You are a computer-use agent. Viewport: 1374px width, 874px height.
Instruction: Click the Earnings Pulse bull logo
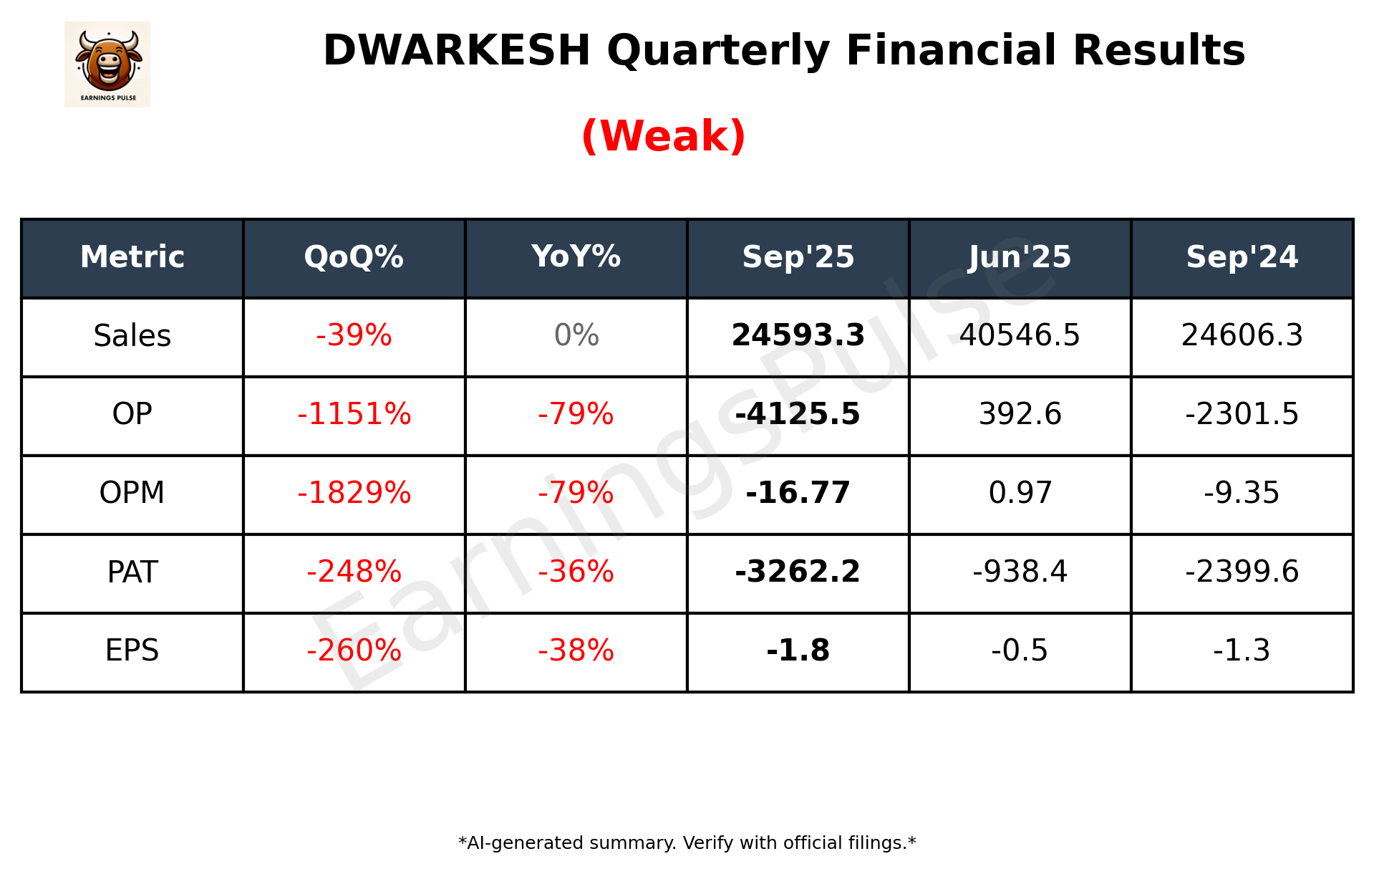107,64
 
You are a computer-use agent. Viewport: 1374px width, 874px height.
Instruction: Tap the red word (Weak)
663,136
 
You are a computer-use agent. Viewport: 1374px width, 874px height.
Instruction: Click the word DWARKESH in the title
456,50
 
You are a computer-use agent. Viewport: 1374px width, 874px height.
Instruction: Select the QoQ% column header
354,257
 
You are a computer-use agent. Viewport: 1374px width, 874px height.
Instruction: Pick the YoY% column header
576,257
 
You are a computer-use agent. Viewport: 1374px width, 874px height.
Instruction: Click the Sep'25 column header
798,257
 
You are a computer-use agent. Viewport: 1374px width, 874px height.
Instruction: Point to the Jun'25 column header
1020,257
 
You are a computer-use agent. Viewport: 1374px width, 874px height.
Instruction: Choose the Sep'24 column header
1242,257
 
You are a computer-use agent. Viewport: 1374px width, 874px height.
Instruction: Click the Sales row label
132,336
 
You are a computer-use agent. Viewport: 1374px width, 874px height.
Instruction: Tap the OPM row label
132,494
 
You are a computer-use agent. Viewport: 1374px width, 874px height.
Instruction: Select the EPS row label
132,651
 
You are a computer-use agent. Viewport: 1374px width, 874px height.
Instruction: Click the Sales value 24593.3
798,336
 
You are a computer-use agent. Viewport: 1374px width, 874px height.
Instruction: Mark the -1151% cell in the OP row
354,415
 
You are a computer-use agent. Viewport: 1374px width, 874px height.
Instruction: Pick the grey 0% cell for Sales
576,336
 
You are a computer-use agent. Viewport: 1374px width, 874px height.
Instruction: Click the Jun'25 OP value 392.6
1020,415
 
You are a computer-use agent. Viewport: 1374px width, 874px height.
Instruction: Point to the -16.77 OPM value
798,494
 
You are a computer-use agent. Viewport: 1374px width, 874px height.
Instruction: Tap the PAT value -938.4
1020,572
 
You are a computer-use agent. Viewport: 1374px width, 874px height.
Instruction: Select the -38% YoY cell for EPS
576,651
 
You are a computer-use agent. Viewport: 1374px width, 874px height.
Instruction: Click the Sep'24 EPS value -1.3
1242,651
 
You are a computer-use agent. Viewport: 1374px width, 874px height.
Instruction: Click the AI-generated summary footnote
687,843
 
